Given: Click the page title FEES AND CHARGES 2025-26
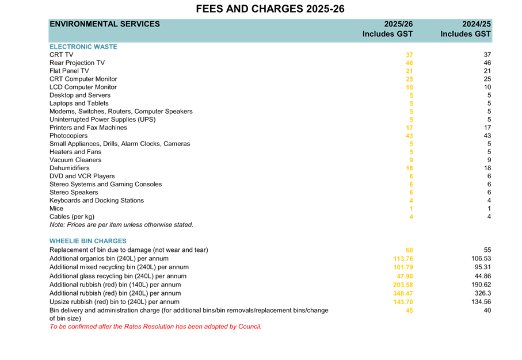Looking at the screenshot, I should click(270, 9).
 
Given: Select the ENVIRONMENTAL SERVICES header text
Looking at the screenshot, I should click(105, 24).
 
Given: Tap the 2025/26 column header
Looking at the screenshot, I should click(398, 24).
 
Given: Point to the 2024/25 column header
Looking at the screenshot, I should click(477, 24).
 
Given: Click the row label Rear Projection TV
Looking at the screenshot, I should click(77, 62).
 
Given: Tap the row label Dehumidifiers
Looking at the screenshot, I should click(70, 168).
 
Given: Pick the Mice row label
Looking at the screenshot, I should click(56, 208).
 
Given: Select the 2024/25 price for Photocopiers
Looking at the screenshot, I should click(487, 136).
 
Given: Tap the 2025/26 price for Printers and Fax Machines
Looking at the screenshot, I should click(409, 127).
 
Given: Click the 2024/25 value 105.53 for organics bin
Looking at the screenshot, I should click(481, 259).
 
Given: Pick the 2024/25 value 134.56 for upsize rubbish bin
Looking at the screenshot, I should click(481, 302).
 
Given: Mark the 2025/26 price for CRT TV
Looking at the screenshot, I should click(409, 55).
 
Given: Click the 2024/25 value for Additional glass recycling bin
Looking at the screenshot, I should click(482, 276).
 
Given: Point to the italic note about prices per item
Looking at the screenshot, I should click(121, 224).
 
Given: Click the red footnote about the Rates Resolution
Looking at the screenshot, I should click(155, 327).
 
